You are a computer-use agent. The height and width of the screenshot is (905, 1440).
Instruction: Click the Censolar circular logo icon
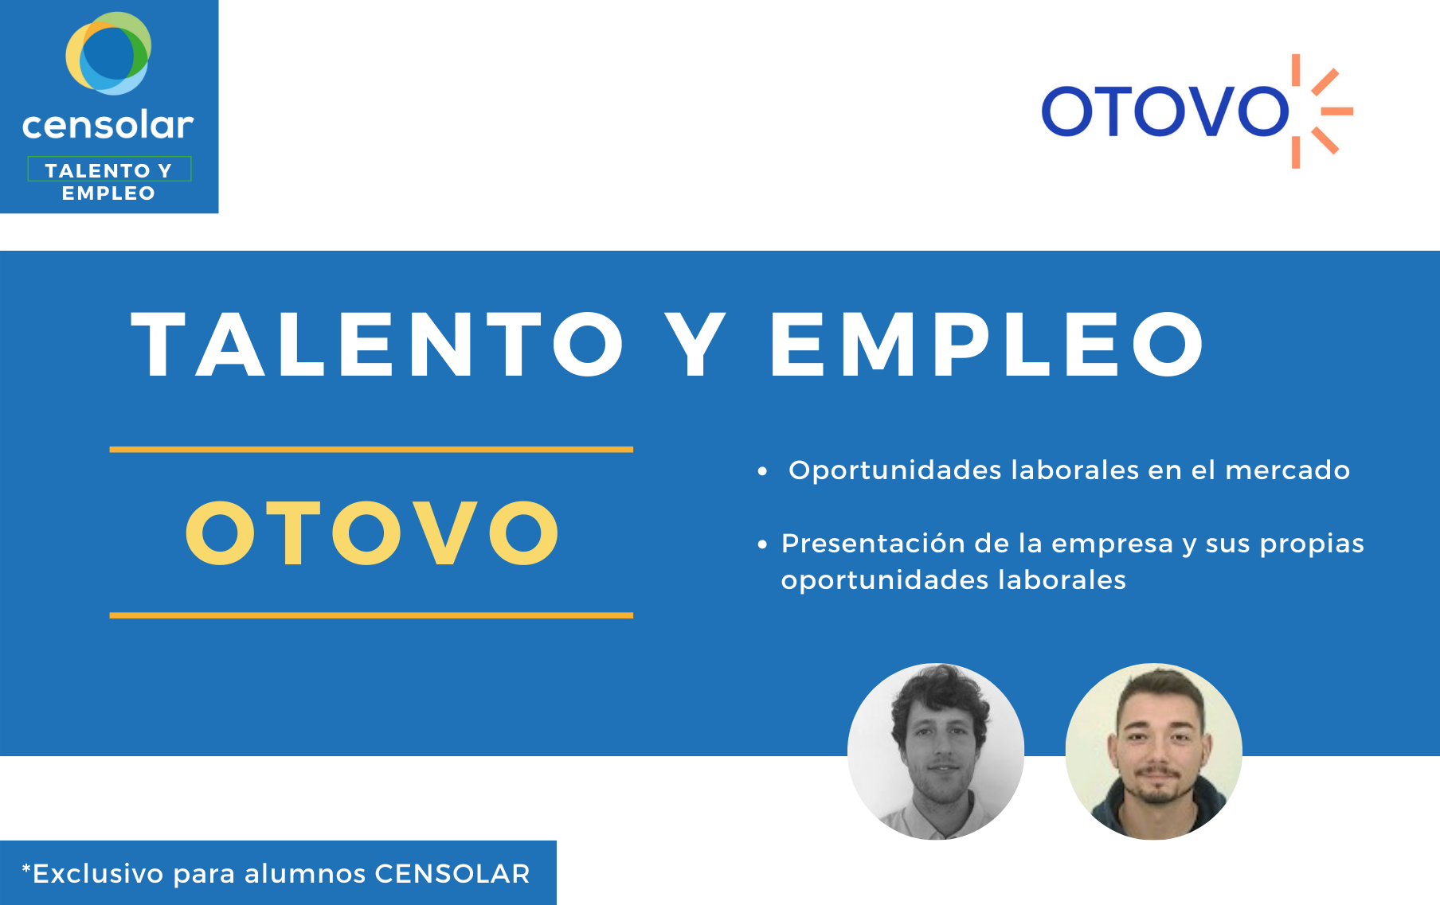(108, 53)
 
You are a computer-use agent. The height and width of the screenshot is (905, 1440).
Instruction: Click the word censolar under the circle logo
(108, 125)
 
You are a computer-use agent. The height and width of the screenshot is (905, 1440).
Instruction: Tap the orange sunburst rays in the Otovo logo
(1322, 111)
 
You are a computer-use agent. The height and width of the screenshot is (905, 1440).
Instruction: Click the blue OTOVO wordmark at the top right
(1165, 111)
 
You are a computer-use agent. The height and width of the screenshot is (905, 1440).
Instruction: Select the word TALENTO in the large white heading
(378, 345)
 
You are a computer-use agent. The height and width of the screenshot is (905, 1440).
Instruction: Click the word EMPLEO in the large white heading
(987, 345)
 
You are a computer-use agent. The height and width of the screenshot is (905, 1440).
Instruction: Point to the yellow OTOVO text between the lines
(372, 532)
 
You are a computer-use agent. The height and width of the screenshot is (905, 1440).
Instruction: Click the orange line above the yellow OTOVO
(371, 450)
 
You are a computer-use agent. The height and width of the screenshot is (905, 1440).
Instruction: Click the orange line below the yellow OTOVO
(371, 615)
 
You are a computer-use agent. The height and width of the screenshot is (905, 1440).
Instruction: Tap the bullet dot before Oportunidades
(762, 471)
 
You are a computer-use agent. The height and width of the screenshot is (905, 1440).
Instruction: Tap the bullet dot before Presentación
(762, 544)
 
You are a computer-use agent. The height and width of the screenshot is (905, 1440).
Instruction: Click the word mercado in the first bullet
(1287, 470)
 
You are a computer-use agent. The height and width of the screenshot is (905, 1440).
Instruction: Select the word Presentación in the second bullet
(874, 543)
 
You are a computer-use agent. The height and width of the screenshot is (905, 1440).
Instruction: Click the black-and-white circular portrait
(936, 751)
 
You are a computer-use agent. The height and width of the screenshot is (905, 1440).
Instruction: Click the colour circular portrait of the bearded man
(1154, 751)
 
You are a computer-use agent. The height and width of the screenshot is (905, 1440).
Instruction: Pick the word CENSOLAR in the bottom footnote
(452, 874)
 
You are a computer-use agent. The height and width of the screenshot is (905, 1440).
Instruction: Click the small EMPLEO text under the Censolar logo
(108, 193)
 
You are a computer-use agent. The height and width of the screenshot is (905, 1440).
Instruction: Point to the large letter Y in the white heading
(696, 345)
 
